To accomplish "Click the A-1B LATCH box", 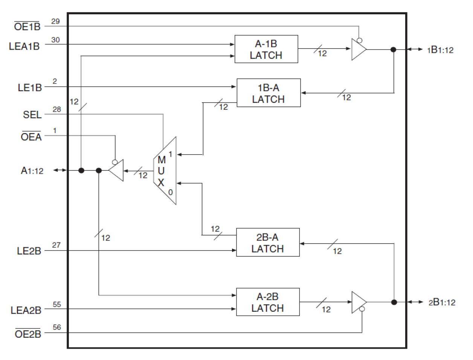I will tap(266, 49).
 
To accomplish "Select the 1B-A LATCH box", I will tap(269, 93).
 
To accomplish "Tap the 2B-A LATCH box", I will tap(268, 242).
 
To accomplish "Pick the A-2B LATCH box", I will tap(268, 302).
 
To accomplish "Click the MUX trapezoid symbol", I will tap(165, 171).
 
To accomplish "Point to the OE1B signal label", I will tap(27, 27).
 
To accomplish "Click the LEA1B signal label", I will tap(24, 46).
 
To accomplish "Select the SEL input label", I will tap(32, 115).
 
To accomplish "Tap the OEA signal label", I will tap(31, 137).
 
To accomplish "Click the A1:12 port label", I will tap(32, 171).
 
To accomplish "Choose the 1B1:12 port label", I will tap(440, 50).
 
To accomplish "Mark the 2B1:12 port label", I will tap(442, 302).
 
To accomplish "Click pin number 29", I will tap(55, 21).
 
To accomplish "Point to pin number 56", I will tap(57, 327).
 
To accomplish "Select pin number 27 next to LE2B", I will tap(56, 245).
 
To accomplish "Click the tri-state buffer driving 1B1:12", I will tap(358, 49).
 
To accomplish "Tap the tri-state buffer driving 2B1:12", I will tap(358, 302).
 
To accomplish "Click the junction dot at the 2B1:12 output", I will tap(394, 302).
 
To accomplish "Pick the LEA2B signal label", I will tap(26, 310).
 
